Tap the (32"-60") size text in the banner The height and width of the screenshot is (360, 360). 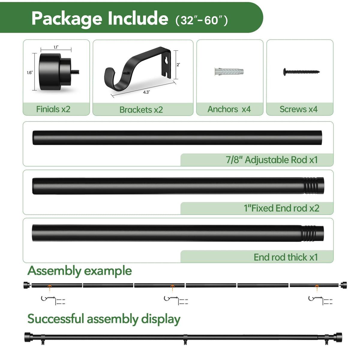[202, 20]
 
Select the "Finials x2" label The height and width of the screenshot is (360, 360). [53, 109]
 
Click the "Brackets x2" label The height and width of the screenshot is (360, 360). [141, 110]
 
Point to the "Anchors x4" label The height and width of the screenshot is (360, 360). [229, 109]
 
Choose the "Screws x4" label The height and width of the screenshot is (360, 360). [298, 109]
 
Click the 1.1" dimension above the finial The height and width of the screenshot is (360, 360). [56, 47]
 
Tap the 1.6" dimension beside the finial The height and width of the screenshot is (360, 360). [30, 73]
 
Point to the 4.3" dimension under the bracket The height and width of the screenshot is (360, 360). [146, 92]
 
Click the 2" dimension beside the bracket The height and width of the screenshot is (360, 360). [178, 64]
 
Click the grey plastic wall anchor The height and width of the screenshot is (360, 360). [229, 72]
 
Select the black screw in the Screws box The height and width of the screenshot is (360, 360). [301, 72]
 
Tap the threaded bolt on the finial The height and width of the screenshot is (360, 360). [75, 72]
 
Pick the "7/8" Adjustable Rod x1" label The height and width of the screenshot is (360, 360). [271, 160]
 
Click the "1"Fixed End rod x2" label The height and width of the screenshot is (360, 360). [281, 208]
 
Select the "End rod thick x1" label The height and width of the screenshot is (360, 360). [286, 257]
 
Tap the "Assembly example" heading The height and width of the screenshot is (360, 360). [79, 271]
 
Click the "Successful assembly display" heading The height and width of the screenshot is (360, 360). [104, 319]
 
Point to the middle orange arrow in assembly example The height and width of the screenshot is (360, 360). [172, 289]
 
